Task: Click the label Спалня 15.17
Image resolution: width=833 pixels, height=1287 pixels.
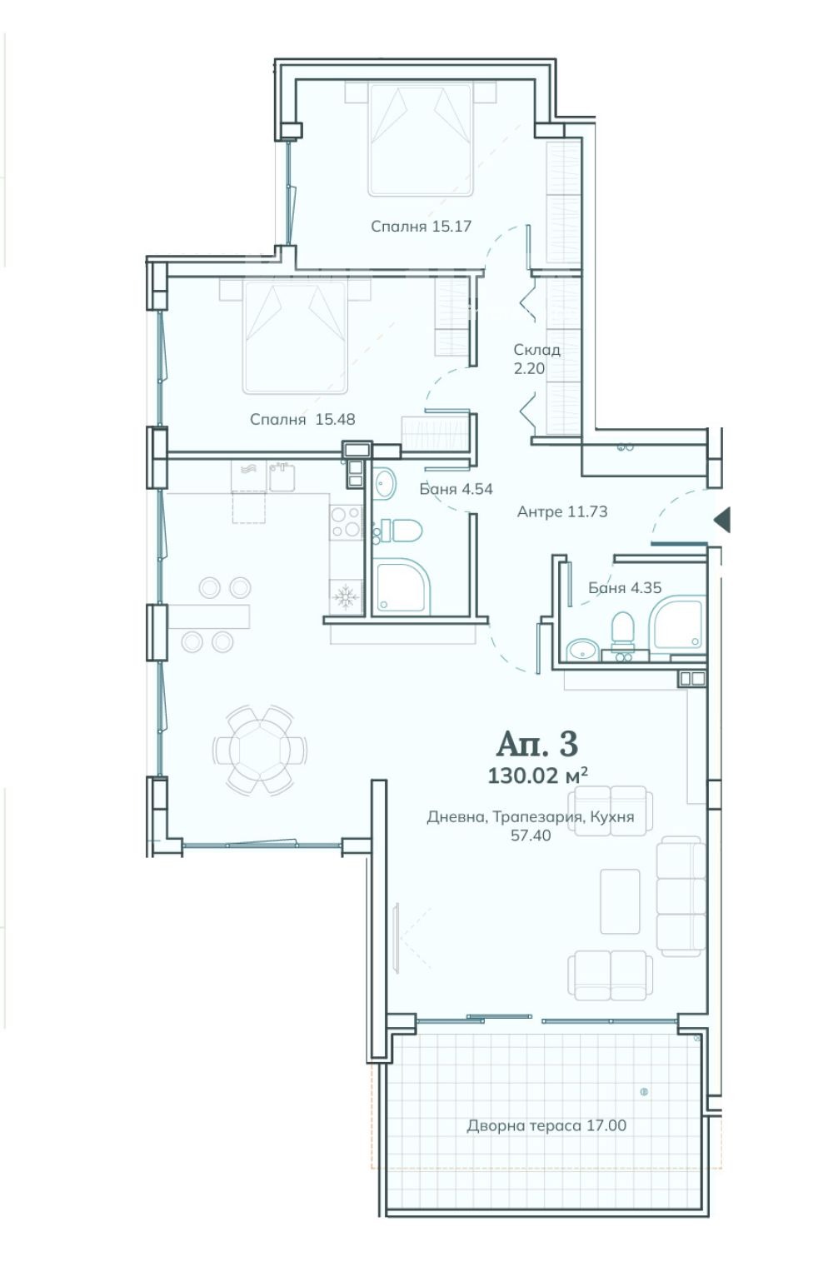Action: (421, 227)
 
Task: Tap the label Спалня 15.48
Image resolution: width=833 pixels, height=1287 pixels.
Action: (302, 420)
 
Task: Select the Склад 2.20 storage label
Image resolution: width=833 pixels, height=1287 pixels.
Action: (536, 359)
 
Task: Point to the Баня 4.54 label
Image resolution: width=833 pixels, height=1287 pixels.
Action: (456, 489)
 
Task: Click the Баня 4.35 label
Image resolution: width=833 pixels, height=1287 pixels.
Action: (625, 588)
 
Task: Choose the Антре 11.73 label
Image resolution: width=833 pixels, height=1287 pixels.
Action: (562, 511)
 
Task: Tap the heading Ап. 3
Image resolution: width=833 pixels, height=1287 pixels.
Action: (537, 744)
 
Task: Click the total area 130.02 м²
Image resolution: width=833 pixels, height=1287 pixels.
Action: (538, 776)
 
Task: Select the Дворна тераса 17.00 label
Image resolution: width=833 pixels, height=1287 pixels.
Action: (546, 1125)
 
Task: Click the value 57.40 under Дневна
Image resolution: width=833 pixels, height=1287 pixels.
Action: (531, 835)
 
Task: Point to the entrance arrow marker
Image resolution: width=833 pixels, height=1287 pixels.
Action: (722, 520)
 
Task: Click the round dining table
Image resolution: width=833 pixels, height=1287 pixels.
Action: (260, 750)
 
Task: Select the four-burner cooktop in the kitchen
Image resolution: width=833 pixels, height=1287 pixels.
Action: (346, 521)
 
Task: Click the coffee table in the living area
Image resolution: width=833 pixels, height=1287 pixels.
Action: (620, 901)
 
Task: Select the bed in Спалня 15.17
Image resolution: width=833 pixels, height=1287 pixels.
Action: (421, 139)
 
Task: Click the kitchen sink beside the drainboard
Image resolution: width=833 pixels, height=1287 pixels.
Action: (282, 476)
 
